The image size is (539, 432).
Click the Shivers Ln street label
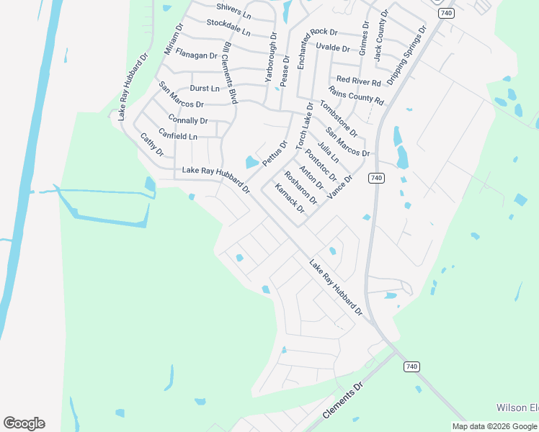[x=233, y=12]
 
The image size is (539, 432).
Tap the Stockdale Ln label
[x=228, y=28]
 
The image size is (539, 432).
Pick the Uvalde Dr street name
[x=332, y=48]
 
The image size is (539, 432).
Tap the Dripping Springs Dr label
[x=406, y=54]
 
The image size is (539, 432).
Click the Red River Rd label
[x=358, y=80]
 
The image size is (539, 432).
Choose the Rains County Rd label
[x=356, y=95]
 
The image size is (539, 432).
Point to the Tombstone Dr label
[x=339, y=118]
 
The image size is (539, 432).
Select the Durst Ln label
[x=205, y=89]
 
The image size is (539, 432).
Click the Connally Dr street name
[x=187, y=120]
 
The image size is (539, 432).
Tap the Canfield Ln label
[x=177, y=135]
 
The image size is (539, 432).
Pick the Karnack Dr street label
[x=290, y=199]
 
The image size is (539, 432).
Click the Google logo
[x=24, y=423]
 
